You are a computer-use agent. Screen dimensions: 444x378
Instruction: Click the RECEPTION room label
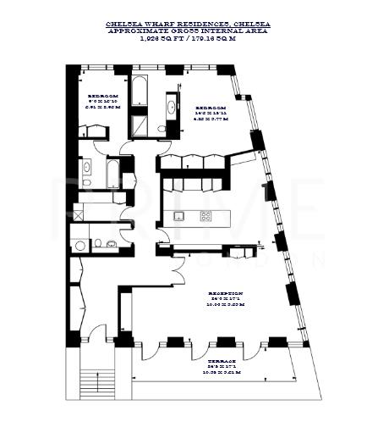[x=225, y=293]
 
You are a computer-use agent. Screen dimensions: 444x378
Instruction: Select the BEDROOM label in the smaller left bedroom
[x=102, y=97]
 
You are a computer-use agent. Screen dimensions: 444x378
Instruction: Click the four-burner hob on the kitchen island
[x=205, y=216]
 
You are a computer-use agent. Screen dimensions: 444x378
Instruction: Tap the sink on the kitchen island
[x=178, y=216]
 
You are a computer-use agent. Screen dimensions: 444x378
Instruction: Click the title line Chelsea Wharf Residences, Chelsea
[x=189, y=26]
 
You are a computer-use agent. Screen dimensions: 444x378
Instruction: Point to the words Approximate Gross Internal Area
[x=189, y=32]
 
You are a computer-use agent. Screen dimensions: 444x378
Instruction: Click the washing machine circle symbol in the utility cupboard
[x=80, y=245]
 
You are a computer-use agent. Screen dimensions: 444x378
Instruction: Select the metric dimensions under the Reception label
[x=225, y=306]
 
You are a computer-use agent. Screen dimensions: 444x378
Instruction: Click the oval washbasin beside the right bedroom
[x=173, y=108]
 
